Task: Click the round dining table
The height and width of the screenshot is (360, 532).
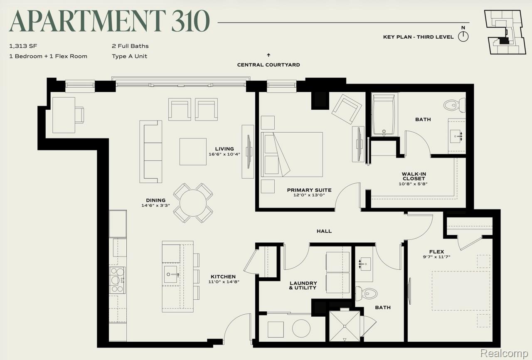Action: (x=193, y=203)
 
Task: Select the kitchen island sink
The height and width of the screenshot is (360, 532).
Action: (x=171, y=274)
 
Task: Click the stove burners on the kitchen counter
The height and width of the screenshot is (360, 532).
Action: (x=117, y=280)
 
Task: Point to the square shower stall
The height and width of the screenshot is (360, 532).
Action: (x=345, y=326)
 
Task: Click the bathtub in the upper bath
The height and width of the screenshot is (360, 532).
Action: (x=384, y=114)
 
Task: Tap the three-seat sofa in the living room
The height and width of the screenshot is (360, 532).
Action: (x=151, y=151)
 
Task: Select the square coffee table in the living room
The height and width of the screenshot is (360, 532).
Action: (x=193, y=151)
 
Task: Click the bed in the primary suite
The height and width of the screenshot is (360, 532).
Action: (x=292, y=154)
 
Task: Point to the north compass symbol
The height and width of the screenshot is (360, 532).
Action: (x=463, y=37)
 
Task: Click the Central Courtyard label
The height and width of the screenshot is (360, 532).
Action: (x=268, y=65)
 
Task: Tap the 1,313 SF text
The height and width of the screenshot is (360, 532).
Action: (x=23, y=46)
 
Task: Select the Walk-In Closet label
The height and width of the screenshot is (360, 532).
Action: (x=414, y=176)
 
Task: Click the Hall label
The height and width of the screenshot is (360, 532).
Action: (x=324, y=231)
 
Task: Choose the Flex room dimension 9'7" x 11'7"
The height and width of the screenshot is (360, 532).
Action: (x=436, y=257)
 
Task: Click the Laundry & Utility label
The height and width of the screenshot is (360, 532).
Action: (x=303, y=286)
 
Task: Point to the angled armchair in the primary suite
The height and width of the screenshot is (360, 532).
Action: (x=347, y=109)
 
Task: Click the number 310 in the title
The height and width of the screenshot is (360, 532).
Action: (x=190, y=21)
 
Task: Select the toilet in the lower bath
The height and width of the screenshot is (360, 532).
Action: (x=366, y=293)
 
